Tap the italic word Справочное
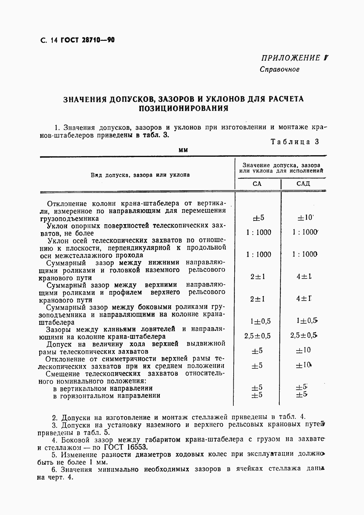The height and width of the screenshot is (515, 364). tap(279, 69)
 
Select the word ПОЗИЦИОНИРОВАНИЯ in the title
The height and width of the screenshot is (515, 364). tap(183, 109)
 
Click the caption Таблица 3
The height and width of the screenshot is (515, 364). tap(295, 142)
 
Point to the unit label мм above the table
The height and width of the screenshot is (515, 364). tap(183, 150)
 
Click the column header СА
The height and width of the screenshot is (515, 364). tap(257, 184)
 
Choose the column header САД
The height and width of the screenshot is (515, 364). tap(303, 184)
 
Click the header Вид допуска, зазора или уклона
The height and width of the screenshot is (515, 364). tap(140, 175)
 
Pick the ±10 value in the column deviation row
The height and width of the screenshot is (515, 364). tap(305, 218)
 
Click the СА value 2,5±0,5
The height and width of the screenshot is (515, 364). tap(258, 336)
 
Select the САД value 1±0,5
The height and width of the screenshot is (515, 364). tap(306, 321)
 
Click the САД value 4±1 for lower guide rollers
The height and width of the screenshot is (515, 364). tap(304, 276)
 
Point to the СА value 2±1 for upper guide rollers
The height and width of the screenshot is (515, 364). tap(258, 299)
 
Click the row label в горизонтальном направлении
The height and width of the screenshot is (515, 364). tap(106, 396)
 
